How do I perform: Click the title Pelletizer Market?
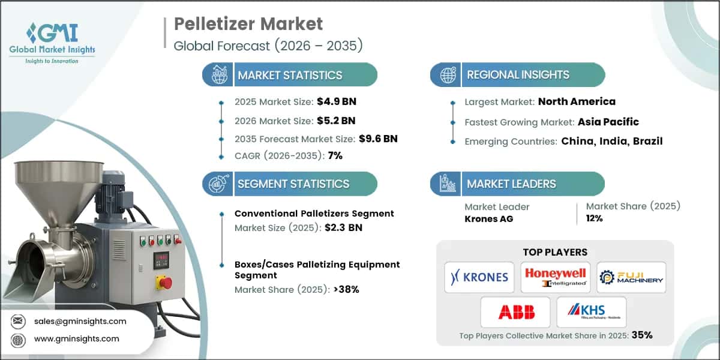[248, 23]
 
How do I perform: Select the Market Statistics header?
[290, 75]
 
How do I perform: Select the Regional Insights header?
[518, 75]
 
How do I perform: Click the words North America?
[576, 101]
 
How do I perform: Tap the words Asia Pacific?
[608, 122]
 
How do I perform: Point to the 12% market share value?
[594, 218]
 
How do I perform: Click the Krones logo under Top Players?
[479, 277]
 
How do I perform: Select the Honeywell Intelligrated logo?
[555, 277]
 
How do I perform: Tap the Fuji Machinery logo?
[631, 277]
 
